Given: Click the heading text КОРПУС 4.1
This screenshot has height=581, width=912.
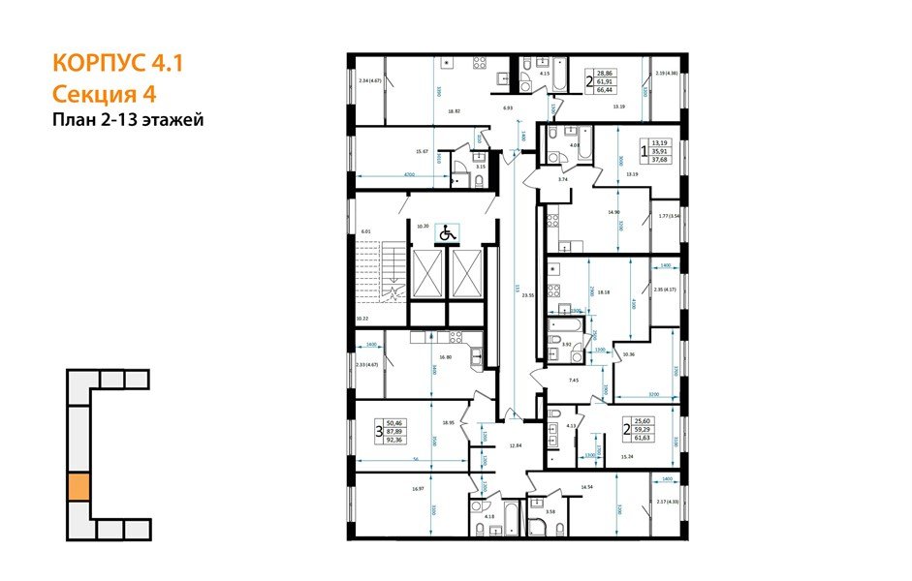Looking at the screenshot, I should click(x=116, y=65).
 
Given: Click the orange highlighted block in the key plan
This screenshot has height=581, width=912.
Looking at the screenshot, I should click(x=79, y=486).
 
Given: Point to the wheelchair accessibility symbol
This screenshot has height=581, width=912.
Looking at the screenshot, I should click(x=447, y=232).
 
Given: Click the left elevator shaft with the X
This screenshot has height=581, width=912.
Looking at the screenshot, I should click(x=428, y=274).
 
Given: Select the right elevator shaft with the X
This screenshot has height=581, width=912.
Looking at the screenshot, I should click(x=468, y=274).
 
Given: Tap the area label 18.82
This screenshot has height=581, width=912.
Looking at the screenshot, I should click(x=453, y=111).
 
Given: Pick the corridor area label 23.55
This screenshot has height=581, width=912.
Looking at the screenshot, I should click(x=528, y=296).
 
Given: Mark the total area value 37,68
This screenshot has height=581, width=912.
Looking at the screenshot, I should click(x=660, y=162).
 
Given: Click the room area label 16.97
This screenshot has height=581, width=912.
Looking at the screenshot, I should click(x=418, y=489).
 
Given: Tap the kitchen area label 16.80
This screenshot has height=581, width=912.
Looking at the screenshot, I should click(x=446, y=356).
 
